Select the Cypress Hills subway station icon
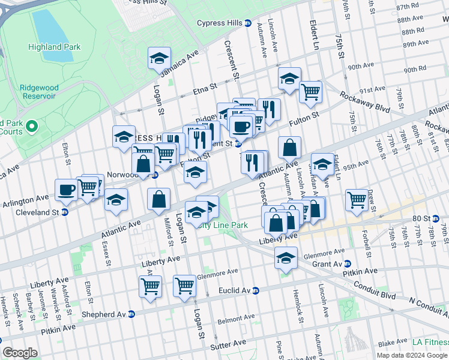(248, 23)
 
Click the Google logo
(20, 353)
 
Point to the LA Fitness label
(429, 342)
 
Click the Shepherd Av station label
(106, 314)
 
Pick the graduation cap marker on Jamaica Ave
(159, 58)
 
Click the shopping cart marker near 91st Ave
(310, 92)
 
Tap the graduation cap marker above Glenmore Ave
(286, 258)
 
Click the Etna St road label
(205, 89)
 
